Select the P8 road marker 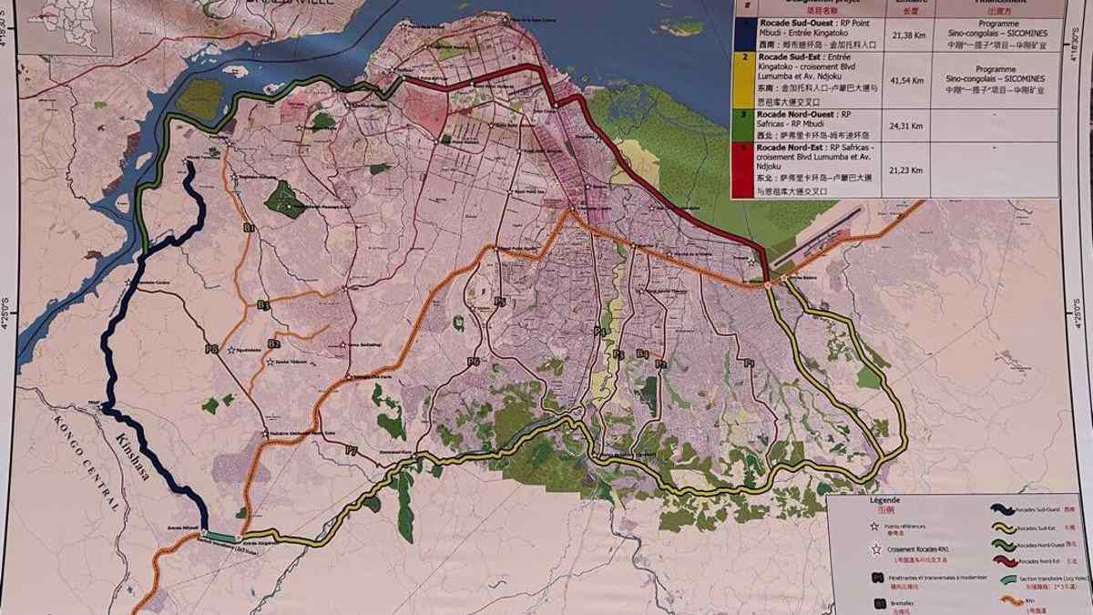click(211, 348)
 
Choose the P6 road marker click(473, 362)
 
